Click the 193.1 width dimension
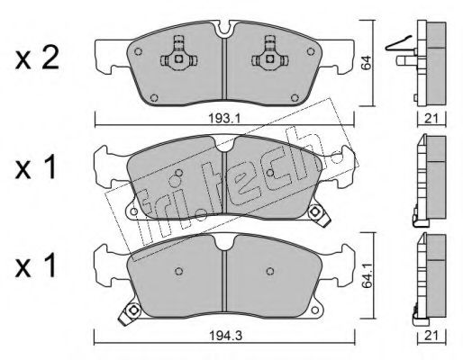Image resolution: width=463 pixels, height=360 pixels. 220,117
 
